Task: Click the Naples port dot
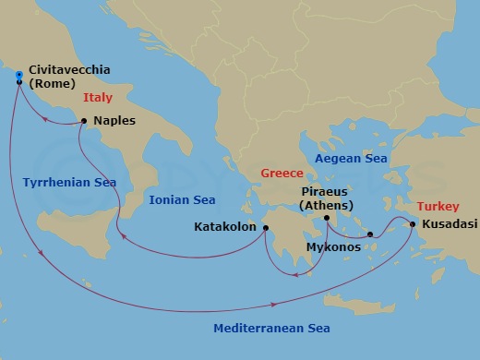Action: click(x=84, y=121)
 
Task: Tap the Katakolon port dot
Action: click(x=265, y=228)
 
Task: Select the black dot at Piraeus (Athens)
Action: click(x=327, y=218)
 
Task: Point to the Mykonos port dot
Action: click(x=370, y=234)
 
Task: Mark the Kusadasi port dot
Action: click(x=412, y=223)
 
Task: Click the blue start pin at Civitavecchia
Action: click(x=19, y=78)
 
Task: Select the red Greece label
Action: click(x=281, y=173)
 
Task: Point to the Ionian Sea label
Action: click(x=182, y=199)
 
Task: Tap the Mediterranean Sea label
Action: click(x=271, y=329)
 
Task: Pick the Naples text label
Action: click(x=114, y=121)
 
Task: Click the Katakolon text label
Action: click(x=225, y=226)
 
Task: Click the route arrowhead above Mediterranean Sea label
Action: click(x=274, y=304)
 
